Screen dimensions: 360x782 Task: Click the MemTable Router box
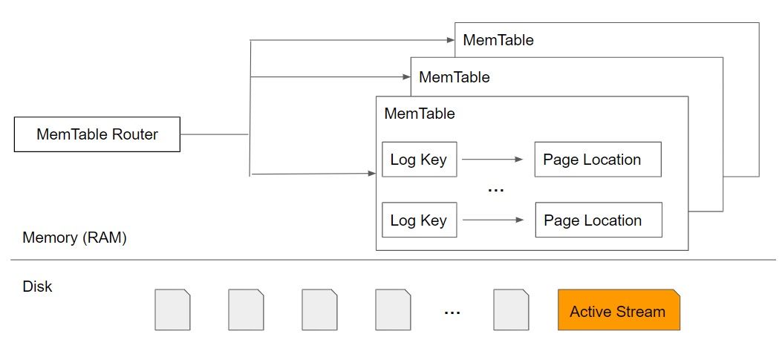(97, 134)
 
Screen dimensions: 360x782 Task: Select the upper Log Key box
(419, 160)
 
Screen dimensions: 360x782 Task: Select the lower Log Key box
(419, 220)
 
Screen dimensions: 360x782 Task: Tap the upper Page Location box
(597, 160)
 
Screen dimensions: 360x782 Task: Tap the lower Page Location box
(597, 220)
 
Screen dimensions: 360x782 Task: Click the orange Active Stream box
(618, 310)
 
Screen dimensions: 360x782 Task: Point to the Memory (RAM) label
(74, 238)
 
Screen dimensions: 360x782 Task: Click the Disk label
(38, 287)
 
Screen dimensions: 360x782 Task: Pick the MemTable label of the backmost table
(498, 40)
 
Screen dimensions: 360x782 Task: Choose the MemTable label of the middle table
(454, 76)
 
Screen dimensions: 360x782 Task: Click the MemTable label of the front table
(419, 114)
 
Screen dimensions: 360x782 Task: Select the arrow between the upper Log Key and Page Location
(492, 159)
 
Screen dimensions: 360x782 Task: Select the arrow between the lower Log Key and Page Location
(492, 220)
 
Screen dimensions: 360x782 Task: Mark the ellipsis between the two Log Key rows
(495, 191)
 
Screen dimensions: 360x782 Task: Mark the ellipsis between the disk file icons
(452, 312)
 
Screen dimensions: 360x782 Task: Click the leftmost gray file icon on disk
(172, 310)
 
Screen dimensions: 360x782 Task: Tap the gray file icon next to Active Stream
(511, 310)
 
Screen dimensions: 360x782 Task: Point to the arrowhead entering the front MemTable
(371, 174)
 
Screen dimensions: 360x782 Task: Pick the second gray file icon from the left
(246, 310)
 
